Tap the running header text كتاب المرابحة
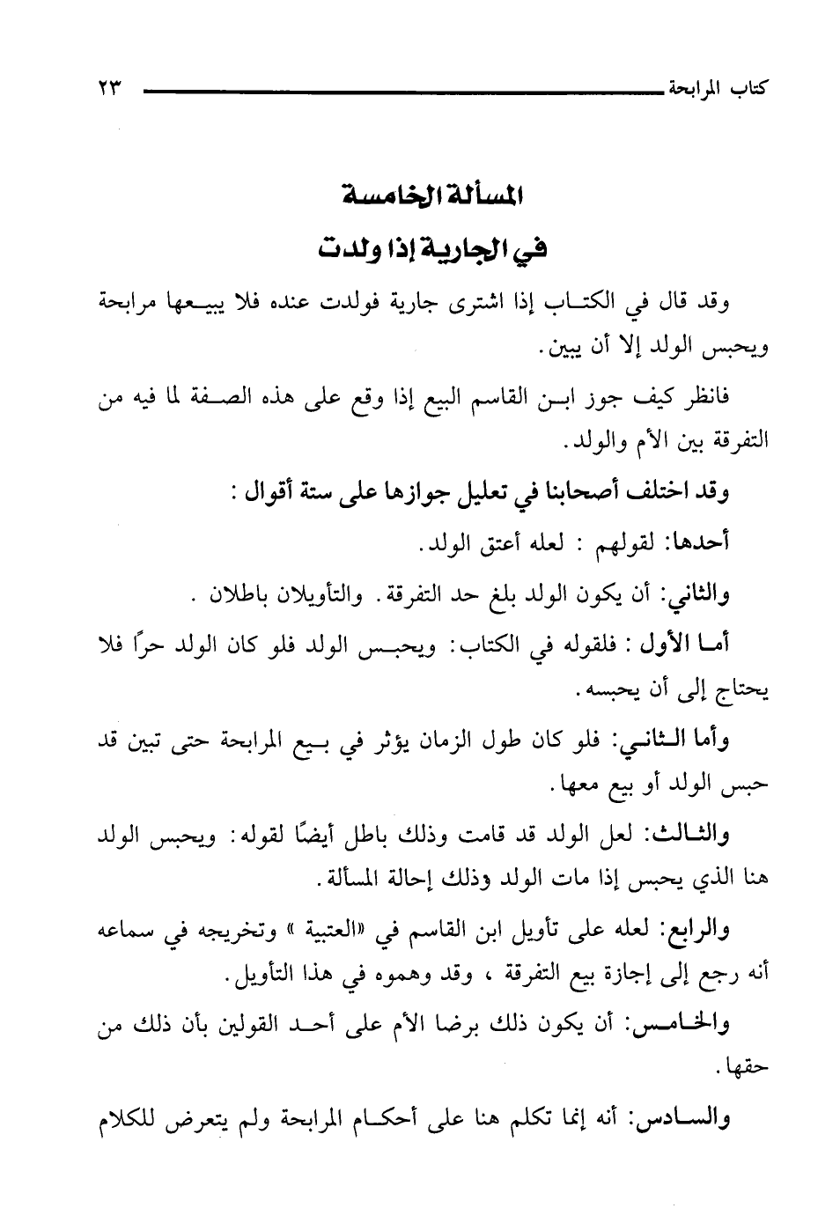click(718, 89)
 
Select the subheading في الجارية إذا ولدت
click(431, 248)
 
